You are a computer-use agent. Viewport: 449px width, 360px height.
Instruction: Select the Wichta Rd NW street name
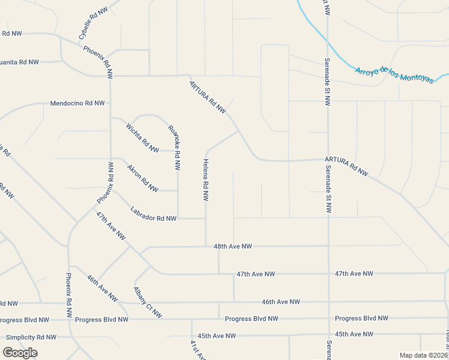coord(142,137)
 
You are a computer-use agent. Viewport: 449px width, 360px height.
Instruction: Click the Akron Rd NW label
coord(142,178)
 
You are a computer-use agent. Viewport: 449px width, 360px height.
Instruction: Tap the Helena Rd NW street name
coord(206,179)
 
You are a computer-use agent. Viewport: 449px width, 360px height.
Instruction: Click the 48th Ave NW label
coord(233,247)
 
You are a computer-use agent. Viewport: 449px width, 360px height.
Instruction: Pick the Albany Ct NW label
coord(147,302)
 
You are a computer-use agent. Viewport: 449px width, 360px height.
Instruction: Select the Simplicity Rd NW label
coord(31,337)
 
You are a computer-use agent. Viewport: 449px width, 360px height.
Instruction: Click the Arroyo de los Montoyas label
coord(394,76)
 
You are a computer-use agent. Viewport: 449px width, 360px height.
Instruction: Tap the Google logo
coord(20,353)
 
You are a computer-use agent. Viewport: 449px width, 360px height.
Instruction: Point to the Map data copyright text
coord(423,355)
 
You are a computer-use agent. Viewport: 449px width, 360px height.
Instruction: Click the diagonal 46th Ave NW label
coord(101,288)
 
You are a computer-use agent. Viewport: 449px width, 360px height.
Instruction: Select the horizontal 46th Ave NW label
coord(280,302)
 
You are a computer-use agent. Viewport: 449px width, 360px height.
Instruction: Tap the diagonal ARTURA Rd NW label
coord(208,97)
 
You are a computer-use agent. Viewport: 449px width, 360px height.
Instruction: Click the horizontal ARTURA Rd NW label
coord(346,166)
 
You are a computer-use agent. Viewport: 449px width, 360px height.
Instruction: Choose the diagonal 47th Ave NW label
coord(111,226)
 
